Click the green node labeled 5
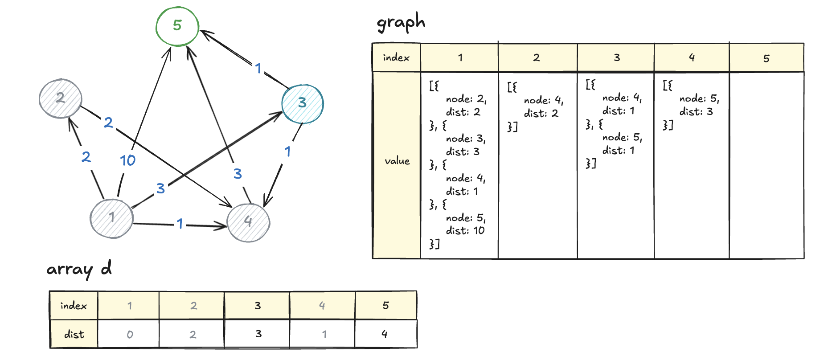177,26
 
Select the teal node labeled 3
303,103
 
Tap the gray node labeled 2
60,98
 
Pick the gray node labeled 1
111,218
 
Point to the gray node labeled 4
248,221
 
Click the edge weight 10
127,160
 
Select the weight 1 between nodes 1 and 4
180,224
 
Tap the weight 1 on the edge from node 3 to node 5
258,68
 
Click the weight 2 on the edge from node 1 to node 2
86,157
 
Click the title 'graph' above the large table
401,22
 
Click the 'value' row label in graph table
397,161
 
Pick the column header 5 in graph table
766,58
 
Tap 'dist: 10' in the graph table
465,231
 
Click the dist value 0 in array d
130,335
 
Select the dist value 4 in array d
385,334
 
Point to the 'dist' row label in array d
74,335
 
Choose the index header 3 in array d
258,306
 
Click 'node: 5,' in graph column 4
699,99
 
